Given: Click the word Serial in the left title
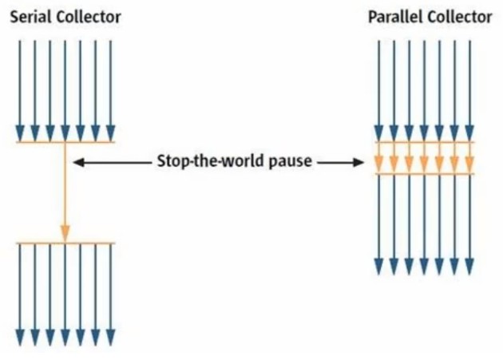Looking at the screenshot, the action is pos(31,17).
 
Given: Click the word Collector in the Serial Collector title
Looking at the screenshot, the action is pos(89,17).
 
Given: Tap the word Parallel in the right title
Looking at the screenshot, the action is pos(394,17).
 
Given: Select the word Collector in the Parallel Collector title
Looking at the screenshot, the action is pos(459,17).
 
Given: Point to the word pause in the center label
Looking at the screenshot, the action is pos(291,162).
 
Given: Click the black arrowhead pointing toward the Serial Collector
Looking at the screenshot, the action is pos(79,162).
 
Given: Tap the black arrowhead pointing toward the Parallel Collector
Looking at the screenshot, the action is pos(358,162).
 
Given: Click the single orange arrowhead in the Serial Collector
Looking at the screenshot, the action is pos(65,233).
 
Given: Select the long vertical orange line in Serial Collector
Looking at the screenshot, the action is pos(65,192).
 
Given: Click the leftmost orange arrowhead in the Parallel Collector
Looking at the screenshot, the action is pos(379,164).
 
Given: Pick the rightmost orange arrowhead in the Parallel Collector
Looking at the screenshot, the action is pos(469,164).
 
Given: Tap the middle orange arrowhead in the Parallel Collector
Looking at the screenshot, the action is pos(424,164).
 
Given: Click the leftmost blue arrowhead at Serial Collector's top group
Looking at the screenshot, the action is pos(20,133).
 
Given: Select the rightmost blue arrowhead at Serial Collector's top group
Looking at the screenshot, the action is pos(111,133).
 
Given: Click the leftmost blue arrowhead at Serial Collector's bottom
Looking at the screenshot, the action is pos(20,338).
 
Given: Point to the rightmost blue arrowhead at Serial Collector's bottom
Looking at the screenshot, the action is pos(111,338).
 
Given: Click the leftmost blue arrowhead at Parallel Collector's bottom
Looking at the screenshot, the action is pos(379,267).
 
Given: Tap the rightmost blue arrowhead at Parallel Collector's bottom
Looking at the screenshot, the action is pos(469,267).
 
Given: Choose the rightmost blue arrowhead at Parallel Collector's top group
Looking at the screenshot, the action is pos(469,133).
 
